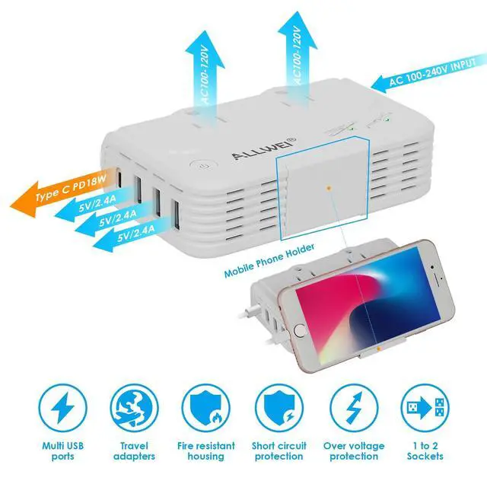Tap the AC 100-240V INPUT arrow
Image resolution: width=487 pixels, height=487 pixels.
(x=426, y=77)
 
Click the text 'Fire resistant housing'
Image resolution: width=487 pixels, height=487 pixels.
(x=206, y=450)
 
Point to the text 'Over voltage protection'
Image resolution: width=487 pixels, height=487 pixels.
(x=355, y=450)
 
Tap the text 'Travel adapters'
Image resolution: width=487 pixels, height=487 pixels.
(x=134, y=450)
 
